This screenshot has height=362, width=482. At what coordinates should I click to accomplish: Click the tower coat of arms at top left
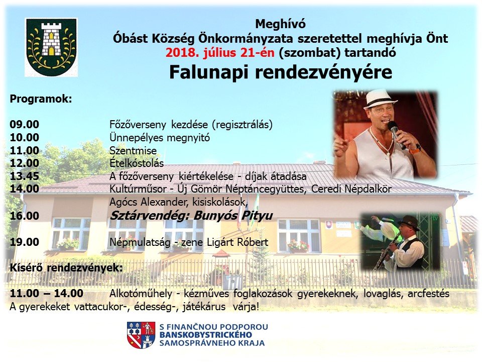pyautogui.click(x=51, y=47)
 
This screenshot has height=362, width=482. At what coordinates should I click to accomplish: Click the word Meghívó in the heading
pyautogui.click(x=280, y=24)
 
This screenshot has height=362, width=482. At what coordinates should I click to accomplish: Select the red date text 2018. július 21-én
pyautogui.click(x=220, y=53)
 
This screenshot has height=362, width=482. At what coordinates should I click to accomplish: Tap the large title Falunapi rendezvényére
pyautogui.click(x=281, y=72)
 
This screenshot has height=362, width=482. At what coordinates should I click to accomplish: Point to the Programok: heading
pyautogui.click(x=41, y=99)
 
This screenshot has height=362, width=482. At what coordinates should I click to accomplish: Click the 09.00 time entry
pyautogui.click(x=25, y=124)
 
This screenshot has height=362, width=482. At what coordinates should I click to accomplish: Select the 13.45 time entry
pyautogui.click(x=25, y=176)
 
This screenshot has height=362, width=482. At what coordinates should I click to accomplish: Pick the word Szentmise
pyautogui.click(x=133, y=150)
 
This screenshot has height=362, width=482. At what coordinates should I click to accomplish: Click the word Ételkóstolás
pyautogui.click(x=137, y=163)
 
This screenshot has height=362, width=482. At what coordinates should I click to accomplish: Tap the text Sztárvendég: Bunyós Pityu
pyautogui.click(x=191, y=216)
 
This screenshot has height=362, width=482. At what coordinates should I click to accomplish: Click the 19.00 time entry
pyautogui.click(x=25, y=242)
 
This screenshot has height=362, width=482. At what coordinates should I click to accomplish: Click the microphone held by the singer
pyautogui.click(x=396, y=134)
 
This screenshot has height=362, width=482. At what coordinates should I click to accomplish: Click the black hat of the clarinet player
pyautogui.click(x=409, y=223)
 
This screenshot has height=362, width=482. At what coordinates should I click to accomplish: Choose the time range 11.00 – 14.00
pyautogui.click(x=46, y=293)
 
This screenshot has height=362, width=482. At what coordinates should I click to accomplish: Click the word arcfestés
pyautogui.click(x=428, y=294)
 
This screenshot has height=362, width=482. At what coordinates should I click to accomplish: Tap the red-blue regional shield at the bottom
pyautogui.click(x=141, y=335)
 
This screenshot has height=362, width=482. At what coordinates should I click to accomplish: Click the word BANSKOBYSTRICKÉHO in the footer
pyautogui.click(x=206, y=335)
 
